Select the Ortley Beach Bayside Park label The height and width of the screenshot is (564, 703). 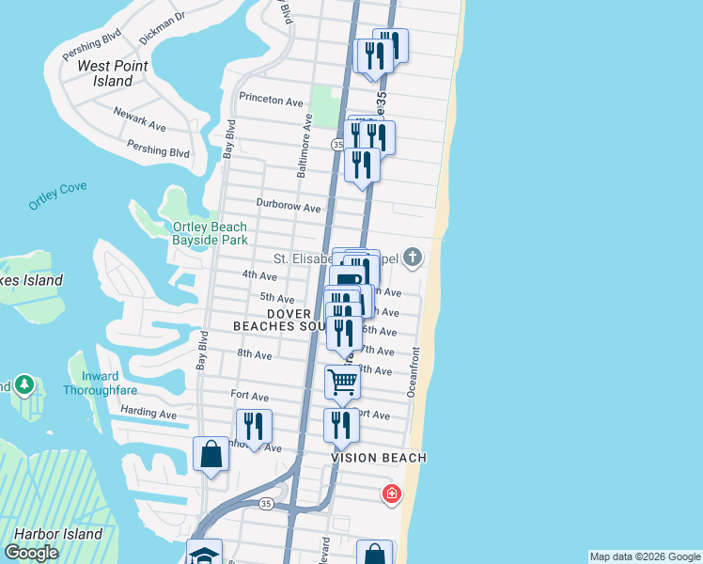point(210,233)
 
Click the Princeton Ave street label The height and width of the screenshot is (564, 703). point(271,101)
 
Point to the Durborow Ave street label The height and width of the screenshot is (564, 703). point(289,207)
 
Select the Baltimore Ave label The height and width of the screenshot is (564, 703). point(304,146)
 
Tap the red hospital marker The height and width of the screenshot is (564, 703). point(391,493)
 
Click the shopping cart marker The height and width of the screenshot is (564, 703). point(342,382)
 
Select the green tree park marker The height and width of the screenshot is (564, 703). point(24,384)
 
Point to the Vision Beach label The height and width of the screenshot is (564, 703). point(379,458)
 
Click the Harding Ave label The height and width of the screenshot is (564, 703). point(148,413)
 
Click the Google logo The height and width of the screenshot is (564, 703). point(31,553)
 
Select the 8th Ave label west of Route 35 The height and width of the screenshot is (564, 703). point(254,355)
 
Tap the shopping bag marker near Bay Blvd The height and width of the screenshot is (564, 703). point(211,455)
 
